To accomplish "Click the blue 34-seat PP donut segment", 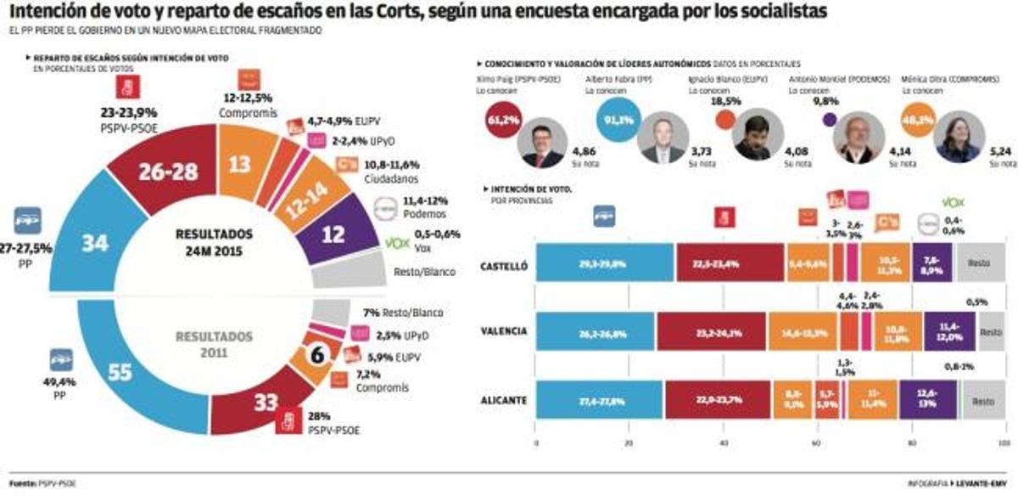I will tap(95, 243).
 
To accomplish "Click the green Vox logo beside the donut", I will tap(396, 243).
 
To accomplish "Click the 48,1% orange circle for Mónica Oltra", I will tap(918, 120).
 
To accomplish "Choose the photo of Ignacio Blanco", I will tap(753, 137).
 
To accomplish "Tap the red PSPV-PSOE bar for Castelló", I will tap(730, 263).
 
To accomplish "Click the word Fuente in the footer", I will tap(23, 483).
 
